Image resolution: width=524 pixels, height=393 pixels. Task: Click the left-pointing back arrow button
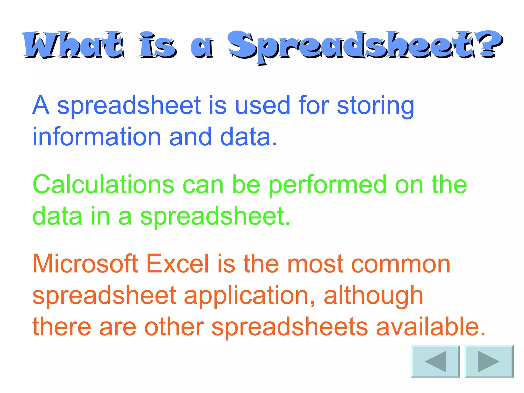(x=435, y=361)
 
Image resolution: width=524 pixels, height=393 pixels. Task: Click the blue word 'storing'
(x=375, y=106)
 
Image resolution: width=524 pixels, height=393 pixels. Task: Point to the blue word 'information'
(x=96, y=137)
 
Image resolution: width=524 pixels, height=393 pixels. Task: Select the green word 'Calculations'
(x=103, y=184)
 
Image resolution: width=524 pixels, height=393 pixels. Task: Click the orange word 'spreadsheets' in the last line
(x=290, y=328)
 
